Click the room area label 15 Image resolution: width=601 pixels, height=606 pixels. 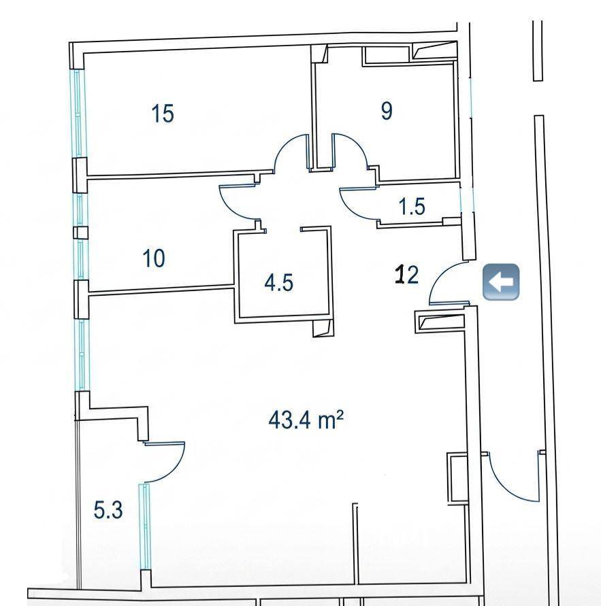(x=163, y=114)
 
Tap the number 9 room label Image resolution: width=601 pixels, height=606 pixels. (x=387, y=111)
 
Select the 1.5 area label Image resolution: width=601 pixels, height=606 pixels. (x=412, y=206)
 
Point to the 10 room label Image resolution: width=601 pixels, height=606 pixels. (x=154, y=258)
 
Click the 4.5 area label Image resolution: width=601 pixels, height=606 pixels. (x=279, y=282)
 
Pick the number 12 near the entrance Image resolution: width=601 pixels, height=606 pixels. (x=406, y=274)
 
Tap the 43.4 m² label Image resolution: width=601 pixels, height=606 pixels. (x=306, y=420)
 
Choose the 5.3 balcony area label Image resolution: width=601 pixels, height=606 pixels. (x=108, y=510)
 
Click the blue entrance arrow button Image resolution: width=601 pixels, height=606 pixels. (x=501, y=282)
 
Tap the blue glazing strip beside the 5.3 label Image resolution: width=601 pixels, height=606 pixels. (x=146, y=526)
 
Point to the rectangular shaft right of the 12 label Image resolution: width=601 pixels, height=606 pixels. (x=440, y=322)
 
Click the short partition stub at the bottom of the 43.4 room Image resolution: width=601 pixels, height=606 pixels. (x=356, y=543)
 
